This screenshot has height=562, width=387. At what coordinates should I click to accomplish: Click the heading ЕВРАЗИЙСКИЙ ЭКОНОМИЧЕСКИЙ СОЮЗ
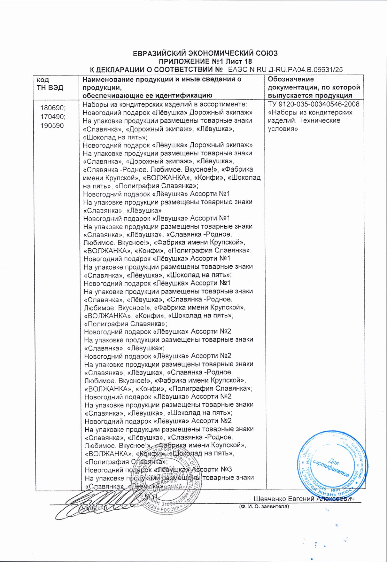(x=205, y=53)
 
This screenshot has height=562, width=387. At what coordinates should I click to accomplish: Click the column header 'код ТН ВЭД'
(x=50, y=83)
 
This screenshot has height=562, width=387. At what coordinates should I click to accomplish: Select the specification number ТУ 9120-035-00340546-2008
(x=313, y=104)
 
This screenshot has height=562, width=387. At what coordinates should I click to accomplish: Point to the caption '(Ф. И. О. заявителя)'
(x=264, y=506)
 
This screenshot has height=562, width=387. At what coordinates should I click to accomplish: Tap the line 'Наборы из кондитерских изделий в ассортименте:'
(x=165, y=104)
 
